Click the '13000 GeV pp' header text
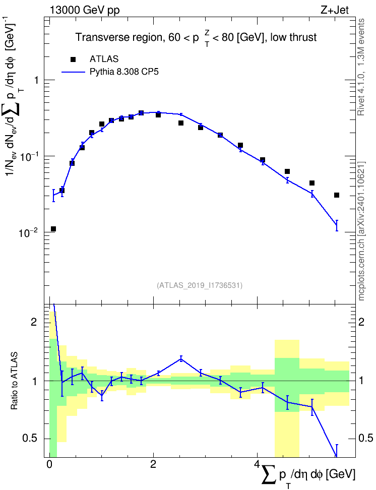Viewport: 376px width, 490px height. pos(85,10)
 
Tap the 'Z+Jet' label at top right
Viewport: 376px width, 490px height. pos(335,10)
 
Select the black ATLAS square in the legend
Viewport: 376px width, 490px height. pos(73,59)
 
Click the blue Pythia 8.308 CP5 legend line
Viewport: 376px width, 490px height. pos(73,72)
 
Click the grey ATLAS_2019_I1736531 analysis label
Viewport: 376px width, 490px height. pos(200,285)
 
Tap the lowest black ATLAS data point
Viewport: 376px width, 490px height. pos(53,229)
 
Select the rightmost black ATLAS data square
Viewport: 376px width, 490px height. pos(337,195)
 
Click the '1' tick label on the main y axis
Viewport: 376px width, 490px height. pos(36,80)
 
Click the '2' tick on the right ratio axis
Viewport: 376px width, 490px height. pos(361,322)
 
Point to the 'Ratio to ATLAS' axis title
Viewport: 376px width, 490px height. pos(14,381)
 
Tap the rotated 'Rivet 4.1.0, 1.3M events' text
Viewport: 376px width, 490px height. pos(361,67)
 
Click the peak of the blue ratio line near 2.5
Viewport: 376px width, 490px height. pos(181,359)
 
